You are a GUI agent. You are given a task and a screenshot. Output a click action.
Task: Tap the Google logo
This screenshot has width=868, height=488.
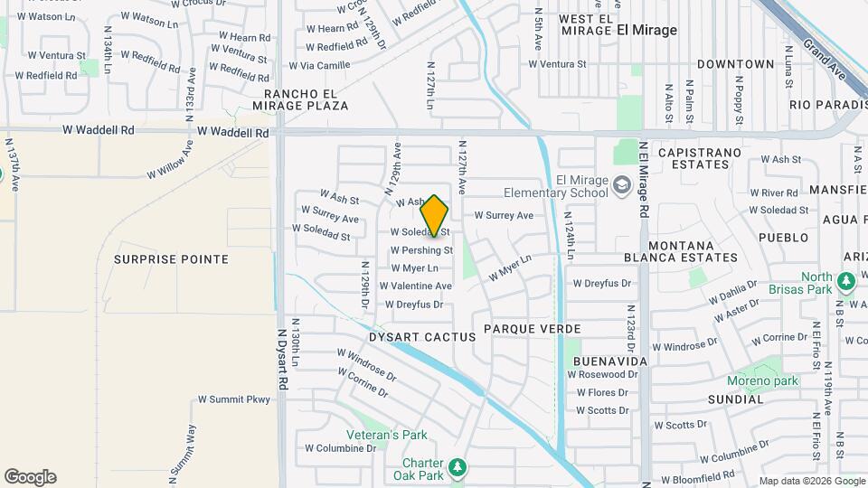coord(30,477)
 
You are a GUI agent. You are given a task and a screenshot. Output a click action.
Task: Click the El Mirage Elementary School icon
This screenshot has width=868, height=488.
coord(621,185)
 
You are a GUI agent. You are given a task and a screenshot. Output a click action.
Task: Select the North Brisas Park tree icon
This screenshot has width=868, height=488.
coord(846,283)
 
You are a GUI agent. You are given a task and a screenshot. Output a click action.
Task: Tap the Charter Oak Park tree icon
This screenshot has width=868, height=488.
coord(459,467)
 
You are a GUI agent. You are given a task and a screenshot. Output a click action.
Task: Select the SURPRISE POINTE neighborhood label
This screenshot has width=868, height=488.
coord(171,259)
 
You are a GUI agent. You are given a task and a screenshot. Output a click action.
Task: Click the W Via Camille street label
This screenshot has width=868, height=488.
coord(319,65)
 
